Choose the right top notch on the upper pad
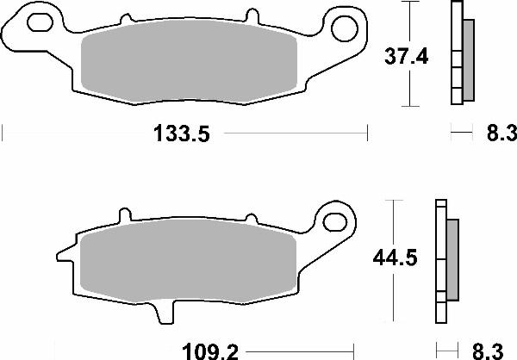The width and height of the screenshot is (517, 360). click(x=253, y=16)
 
